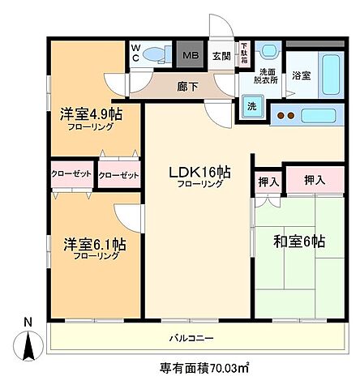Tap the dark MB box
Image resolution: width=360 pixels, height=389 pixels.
[x=189, y=56]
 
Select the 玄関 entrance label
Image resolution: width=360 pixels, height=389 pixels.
[x=221, y=56]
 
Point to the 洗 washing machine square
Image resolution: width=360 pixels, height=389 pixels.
[x=250, y=106]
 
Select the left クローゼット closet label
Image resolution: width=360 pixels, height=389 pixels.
[x=71, y=174]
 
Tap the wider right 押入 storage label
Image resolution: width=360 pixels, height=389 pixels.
[x=315, y=180]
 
